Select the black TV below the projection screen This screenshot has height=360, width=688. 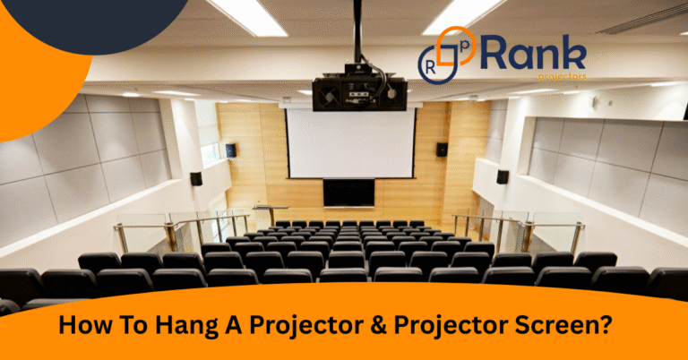coord(349,193)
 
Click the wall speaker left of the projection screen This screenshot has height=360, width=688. coord(232,150)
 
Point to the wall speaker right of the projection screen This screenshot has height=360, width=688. coord(442,150)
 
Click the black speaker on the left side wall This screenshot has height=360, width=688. coord(195,178)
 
